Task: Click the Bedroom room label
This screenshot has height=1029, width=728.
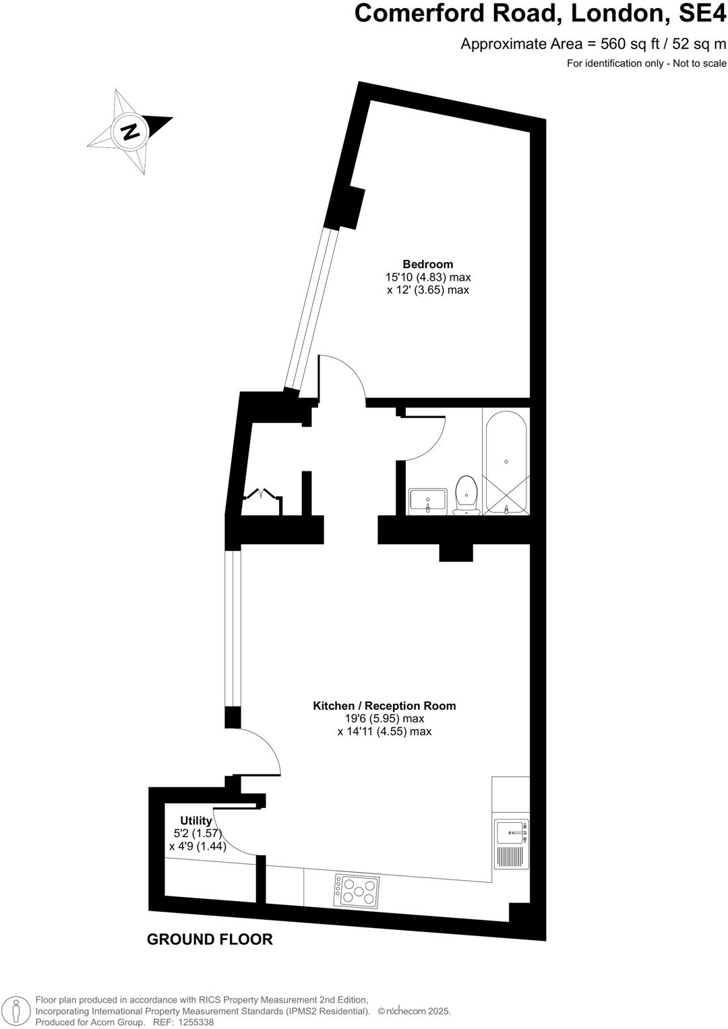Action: click(x=427, y=264)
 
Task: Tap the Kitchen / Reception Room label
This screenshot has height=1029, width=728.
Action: click(x=384, y=706)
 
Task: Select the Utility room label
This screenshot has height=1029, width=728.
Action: click(x=195, y=821)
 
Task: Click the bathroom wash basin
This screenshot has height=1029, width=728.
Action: click(x=427, y=500)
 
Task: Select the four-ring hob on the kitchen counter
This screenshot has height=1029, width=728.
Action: click(x=355, y=890)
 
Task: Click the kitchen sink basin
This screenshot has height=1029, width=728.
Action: click(x=510, y=832)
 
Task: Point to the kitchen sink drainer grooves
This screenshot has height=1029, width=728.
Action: click(x=511, y=857)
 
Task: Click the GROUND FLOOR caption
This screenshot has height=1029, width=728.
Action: click(x=210, y=939)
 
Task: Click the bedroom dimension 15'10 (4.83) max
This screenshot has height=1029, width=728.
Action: click(x=427, y=277)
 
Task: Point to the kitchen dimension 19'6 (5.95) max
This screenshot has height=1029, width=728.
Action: click(x=384, y=719)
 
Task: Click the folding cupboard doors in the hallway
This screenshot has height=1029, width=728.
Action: click(x=262, y=494)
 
